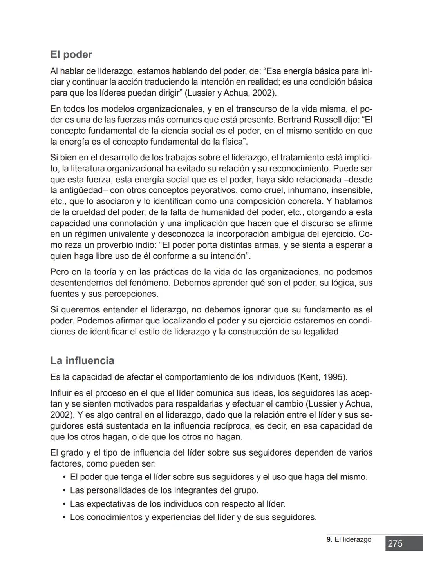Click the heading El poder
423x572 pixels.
(x=71, y=54)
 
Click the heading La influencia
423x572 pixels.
(x=82, y=361)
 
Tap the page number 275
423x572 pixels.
(x=395, y=544)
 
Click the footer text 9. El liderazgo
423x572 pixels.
(x=349, y=539)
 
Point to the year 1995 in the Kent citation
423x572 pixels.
(x=335, y=377)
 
